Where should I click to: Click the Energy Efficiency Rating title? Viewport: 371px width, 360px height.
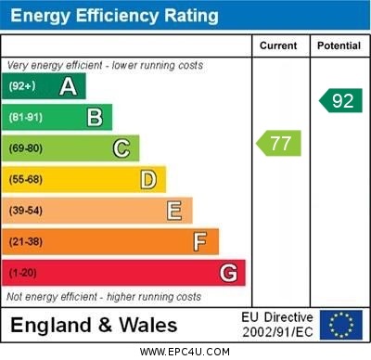[113, 16]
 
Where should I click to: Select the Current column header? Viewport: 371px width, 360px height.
[278, 45]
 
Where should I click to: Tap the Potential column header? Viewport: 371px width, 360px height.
[339, 45]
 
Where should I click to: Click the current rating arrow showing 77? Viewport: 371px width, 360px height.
[279, 143]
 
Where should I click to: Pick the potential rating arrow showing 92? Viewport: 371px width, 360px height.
[340, 100]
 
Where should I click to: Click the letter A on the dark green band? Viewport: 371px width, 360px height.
[68, 86]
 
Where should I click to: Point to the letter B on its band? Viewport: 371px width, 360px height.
[95, 117]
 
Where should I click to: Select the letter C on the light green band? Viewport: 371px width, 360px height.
[122, 148]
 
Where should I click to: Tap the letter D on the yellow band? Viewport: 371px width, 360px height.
[148, 179]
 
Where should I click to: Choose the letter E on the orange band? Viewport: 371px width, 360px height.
[174, 211]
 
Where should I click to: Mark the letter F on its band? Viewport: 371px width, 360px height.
[200, 241]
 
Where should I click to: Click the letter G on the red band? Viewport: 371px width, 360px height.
[228, 273]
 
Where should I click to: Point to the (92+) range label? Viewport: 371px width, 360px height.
[22, 86]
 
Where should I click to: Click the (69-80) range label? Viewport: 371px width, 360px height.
[26, 148]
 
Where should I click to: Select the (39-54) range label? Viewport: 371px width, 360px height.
[26, 211]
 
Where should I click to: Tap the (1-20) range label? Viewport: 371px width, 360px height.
[23, 273]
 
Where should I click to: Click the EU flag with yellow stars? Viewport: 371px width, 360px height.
[341, 325]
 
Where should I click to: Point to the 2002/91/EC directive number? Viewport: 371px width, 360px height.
[277, 332]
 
